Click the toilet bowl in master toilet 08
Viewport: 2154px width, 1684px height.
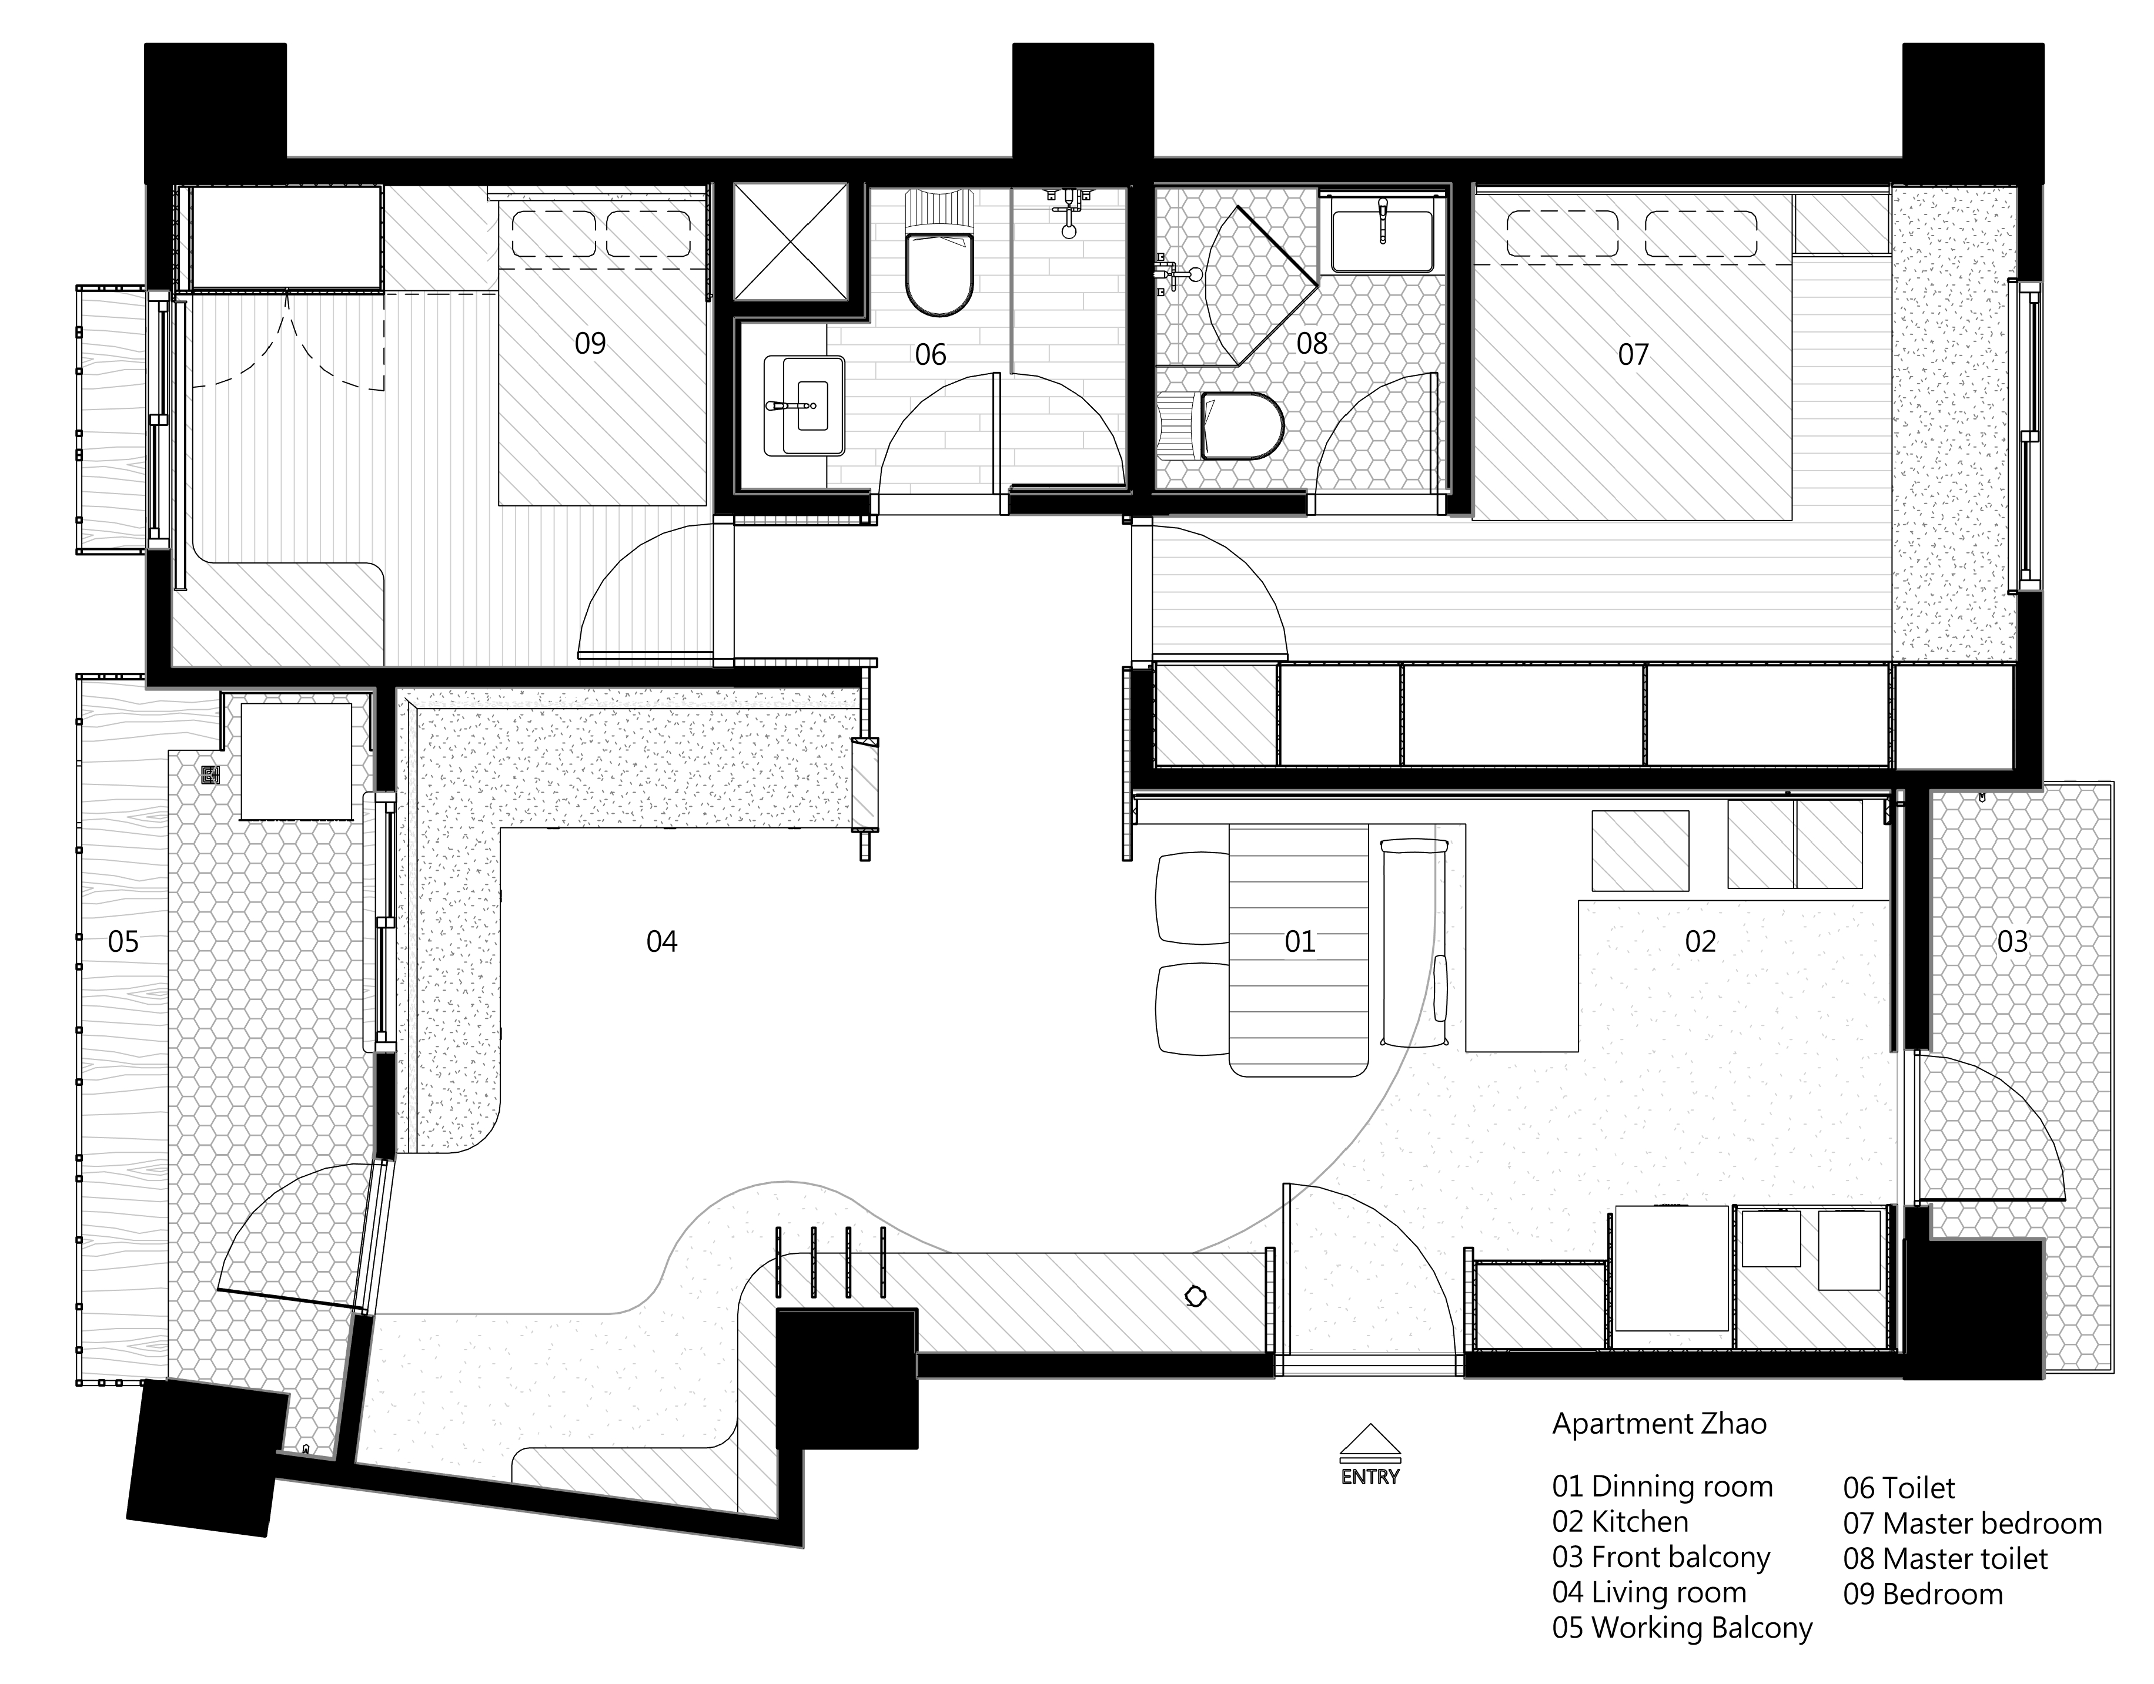[x=1240, y=426]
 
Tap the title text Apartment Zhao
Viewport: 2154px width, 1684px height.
[x=1659, y=1424]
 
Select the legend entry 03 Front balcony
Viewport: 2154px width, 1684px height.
[x=1661, y=1557]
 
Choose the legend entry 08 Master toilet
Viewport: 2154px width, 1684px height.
[x=1945, y=1559]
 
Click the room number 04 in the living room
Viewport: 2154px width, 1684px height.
[x=662, y=941]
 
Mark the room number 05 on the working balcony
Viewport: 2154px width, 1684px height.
[x=123, y=941]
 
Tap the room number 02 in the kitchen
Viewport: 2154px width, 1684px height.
[x=1700, y=941]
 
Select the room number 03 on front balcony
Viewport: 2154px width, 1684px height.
[x=2012, y=941]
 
